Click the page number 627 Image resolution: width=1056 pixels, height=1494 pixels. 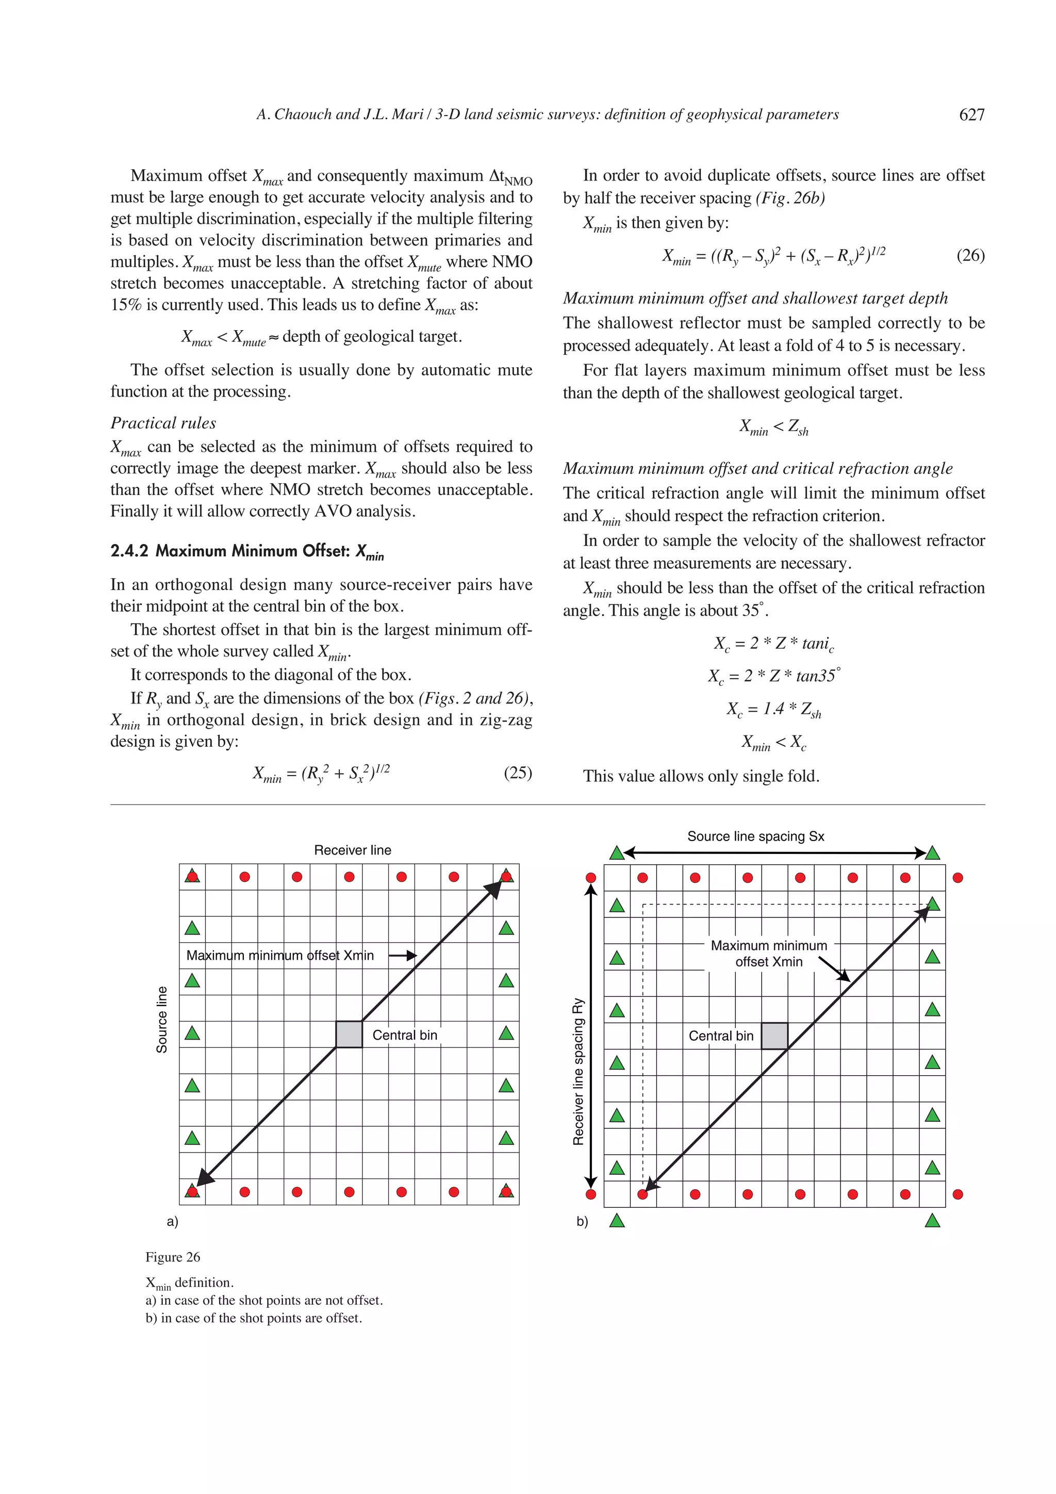coord(971,115)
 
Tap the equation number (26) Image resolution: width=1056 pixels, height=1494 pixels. coord(970,255)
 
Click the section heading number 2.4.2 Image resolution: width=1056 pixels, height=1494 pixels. coord(129,551)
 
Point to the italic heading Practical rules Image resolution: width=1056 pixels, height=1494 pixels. coord(162,423)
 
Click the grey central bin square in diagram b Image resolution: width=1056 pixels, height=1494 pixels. coord(774,1035)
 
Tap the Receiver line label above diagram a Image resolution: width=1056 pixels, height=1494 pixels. coord(353,850)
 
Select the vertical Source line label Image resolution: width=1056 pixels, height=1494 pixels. coord(161,1020)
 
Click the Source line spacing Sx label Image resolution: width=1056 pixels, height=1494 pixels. coord(755,836)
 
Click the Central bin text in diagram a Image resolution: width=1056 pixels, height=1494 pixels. coord(405,1035)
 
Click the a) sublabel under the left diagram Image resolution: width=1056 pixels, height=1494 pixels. coord(172,1221)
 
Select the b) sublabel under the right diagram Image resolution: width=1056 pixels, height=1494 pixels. coord(582,1221)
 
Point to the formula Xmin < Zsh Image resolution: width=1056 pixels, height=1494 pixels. coord(773,428)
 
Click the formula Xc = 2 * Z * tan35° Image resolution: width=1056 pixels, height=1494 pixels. coord(773,676)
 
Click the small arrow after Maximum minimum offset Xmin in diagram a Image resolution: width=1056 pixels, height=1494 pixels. coord(402,955)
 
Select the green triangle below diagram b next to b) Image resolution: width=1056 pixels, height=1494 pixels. coord(617,1221)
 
